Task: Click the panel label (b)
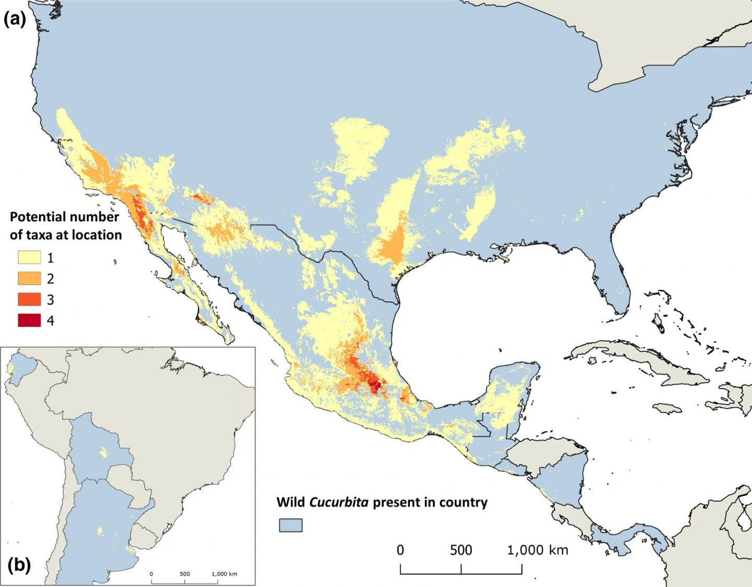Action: (x=19, y=565)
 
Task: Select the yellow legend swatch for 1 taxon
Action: (x=29, y=257)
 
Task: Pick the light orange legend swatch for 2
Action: (x=29, y=278)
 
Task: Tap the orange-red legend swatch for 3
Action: (x=29, y=299)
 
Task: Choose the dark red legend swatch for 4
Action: (x=29, y=320)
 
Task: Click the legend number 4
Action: (x=50, y=320)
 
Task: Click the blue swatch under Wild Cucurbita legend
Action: (x=291, y=525)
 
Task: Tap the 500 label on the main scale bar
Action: (x=461, y=550)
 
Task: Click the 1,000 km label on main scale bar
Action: (x=537, y=550)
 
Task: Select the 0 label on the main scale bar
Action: (x=400, y=550)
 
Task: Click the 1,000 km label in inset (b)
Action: (x=224, y=574)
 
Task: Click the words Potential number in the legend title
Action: (x=64, y=217)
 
